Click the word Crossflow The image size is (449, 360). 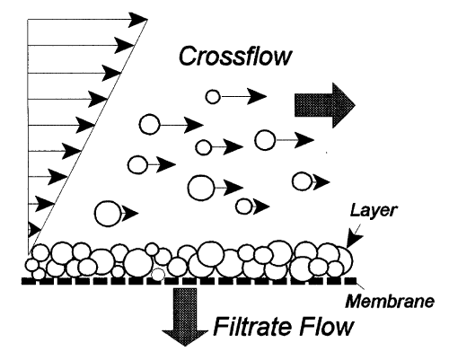(235, 56)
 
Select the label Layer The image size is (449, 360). (373, 211)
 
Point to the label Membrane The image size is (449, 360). (390, 301)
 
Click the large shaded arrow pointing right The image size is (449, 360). (325, 105)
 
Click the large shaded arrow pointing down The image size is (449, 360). (185, 317)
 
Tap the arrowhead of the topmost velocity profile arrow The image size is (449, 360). (137, 20)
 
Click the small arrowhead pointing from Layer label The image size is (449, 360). (354, 240)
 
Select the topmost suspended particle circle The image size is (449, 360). (213, 97)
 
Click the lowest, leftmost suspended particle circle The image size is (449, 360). (108, 214)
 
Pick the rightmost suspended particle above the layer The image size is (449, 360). (302, 181)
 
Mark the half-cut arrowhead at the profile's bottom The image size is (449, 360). (34, 230)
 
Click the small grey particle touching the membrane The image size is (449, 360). (158, 274)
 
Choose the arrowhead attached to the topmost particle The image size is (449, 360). (257, 96)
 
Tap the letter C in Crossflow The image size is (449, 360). (188, 56)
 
